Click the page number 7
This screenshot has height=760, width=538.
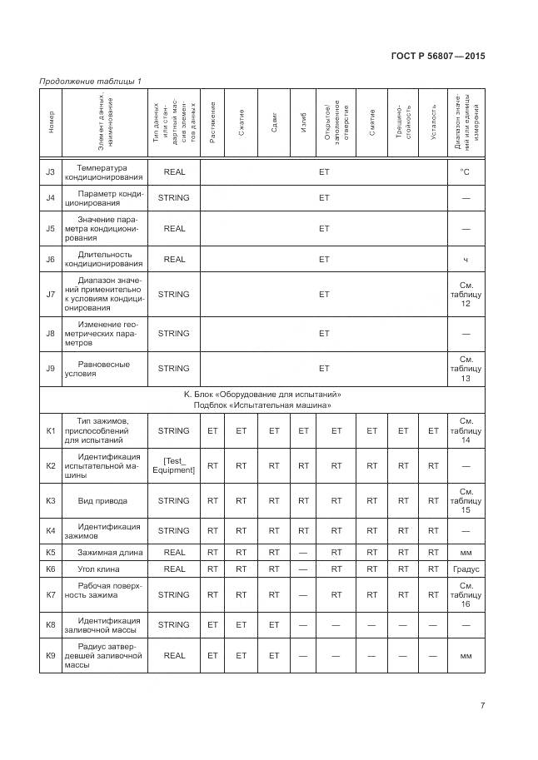483,707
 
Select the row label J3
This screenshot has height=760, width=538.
51,172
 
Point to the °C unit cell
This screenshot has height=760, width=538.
466,172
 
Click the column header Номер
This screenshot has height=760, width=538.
51,123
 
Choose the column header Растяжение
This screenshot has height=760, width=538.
212,123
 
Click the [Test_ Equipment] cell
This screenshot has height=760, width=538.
174,466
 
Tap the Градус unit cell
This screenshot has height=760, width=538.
466,569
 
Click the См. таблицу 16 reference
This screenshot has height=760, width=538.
466,595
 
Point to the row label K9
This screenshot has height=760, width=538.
51,656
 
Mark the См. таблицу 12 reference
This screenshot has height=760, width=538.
466,294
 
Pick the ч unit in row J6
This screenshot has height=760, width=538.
466,259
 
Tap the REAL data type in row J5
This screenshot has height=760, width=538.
174,228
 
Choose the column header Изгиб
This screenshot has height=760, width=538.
303,123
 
